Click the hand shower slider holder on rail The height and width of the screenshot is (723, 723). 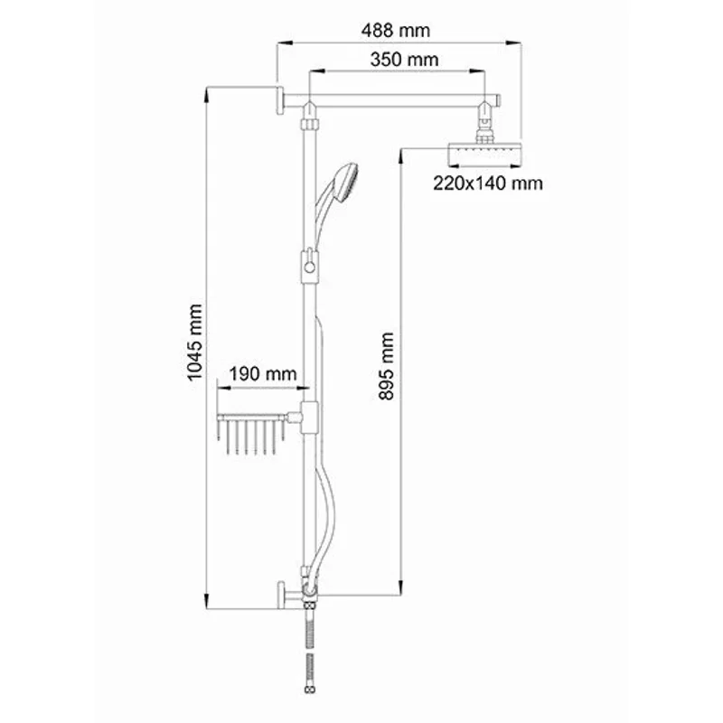click(x=309, y=266)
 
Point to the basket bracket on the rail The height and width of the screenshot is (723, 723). click(x=308, y=417)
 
